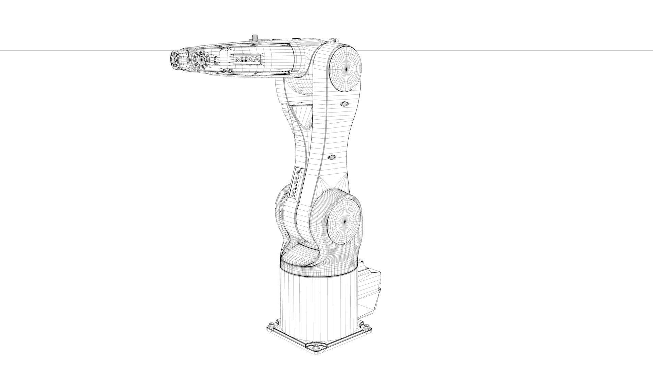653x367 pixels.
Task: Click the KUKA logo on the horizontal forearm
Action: [247, 59]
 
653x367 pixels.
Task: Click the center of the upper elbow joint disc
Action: [346, 69]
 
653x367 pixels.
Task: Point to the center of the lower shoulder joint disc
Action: [344, 222]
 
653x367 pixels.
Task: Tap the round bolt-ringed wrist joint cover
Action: [201, 60]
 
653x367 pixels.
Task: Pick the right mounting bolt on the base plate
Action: [367, 327]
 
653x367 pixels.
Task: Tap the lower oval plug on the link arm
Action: [332, 157]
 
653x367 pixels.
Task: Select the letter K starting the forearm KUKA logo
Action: [237, 59]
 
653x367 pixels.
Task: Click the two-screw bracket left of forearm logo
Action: [216, 60]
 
